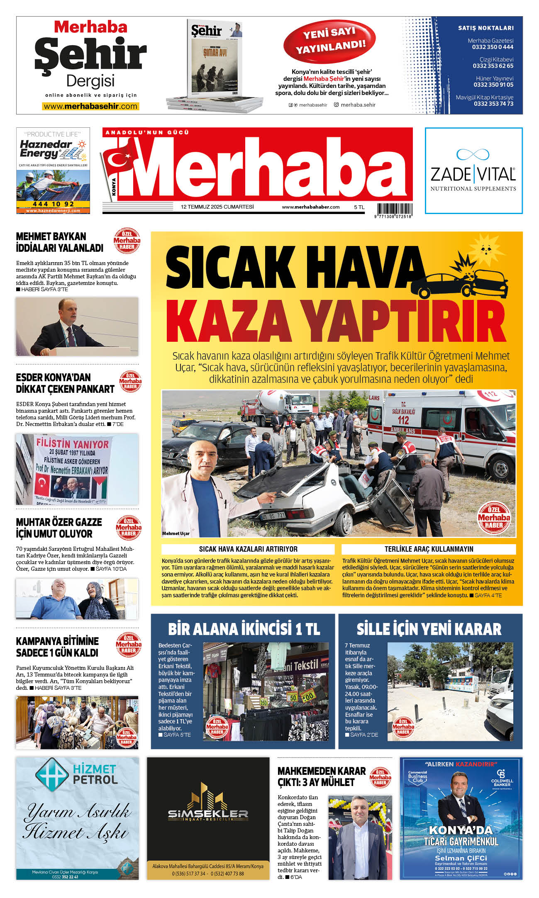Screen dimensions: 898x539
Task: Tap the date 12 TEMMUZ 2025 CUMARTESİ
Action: pyautogui.click(x=217, y=207)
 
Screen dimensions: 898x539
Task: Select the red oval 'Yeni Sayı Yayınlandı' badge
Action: pyautogui.click(x=329, y=40)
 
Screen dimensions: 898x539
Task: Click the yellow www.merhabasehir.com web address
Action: pyautogui.click(x=90, y=107)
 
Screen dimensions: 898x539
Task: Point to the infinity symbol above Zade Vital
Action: pyautogui.click(x=473, y=154)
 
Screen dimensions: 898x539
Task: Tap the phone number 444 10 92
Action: pyautogui.click(x=53, y=204)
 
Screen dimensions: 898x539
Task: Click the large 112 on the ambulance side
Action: pyautogui.click(x=402, y=420)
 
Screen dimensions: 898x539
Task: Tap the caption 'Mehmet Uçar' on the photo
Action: pyautogui.click(x=176, y=533)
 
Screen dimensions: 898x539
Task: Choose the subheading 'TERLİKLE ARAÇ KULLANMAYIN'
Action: pyautogui.click(x=429, y=549)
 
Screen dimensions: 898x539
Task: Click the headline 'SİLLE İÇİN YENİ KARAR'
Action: pyautogui.click(x=429, y=629)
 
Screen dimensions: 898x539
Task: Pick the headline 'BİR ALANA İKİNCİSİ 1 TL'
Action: pyautogui.click(x=244, y=629)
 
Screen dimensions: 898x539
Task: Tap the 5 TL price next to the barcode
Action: pyautogui.click(x=359, y=207)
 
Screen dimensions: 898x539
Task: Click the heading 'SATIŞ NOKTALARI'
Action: pyautogui.click(x=485, y=28)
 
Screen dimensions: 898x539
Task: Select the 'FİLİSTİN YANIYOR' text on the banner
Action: pyautogui.click(x=72, y=443)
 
